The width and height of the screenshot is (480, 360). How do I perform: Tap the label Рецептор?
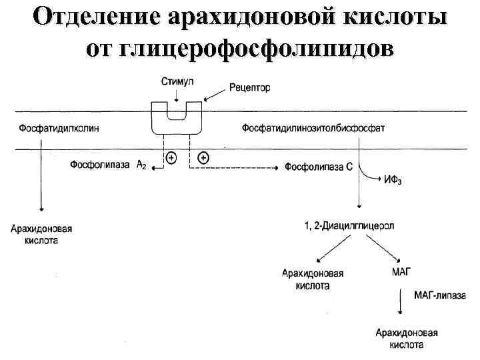tap(249, 88)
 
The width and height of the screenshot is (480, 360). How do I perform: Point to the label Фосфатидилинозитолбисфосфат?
tap(313, 128)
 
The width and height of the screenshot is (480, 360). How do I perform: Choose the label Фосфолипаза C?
tap(319, 167)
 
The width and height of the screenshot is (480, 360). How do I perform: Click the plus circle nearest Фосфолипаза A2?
tap(171, 158)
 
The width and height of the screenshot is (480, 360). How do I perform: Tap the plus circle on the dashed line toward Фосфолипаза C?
tap(204, 158)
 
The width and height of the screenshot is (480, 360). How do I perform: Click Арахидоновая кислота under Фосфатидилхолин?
tap(41, 234)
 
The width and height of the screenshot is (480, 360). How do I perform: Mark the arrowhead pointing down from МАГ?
tap(400, 313)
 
